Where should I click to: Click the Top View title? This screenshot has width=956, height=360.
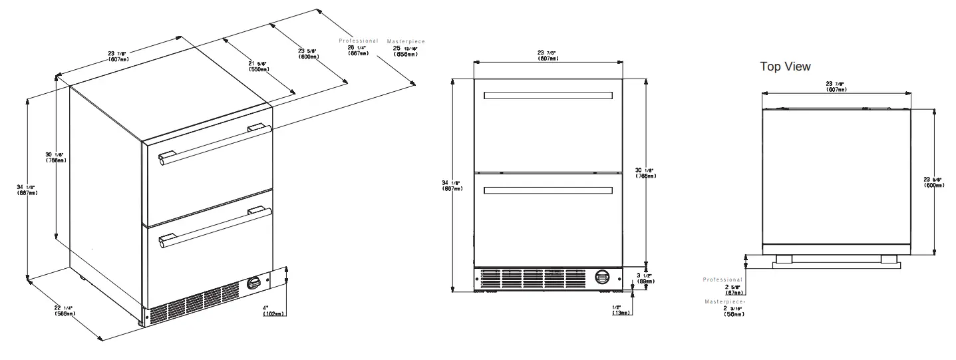pyautogui.click(x=785, y=67)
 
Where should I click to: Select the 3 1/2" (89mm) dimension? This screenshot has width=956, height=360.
pyautogui.click(x=644, y=278)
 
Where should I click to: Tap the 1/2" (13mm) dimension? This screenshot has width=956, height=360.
pyautogui.click(x=621, y=310)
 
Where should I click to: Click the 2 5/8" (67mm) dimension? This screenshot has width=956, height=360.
pyautogui.click(x=733, y=289)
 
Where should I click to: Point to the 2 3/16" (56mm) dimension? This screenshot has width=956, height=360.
pyautogui.click(x=733, y=311)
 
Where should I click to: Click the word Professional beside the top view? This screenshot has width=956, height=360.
pyautogui.click(x=722, y=279)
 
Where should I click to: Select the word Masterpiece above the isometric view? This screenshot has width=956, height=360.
pyautogui.click(x=406, y=42)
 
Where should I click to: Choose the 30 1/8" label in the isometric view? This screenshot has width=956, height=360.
pyautogui.click(x=55, y=158)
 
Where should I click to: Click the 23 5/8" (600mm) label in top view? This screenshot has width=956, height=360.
pyautogui.click(x=934, y=181)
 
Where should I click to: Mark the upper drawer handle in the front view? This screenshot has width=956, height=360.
pyautogui.click(x=548, y=96)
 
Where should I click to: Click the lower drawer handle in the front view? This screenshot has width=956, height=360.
pyautogui.click(x=548, y=191)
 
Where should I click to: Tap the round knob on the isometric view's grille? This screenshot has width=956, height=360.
pyautogui.click(x=254, y=283)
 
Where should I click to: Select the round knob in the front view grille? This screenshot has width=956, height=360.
pyautogui.click(x=601, y=277)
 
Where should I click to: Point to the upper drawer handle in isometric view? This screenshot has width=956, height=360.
pyautogui.click(x=213, y=142)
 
